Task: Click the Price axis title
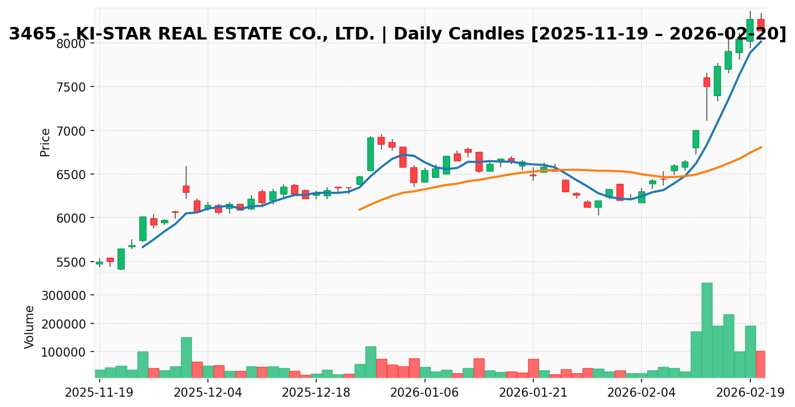(x=45, y=142)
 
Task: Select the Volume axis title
(x=30, y=326)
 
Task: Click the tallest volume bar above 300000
(x=707, y=330)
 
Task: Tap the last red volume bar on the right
(x=761, y=364)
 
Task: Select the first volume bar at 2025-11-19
(x=99, y=374)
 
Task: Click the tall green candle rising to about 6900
(x=370, y=154)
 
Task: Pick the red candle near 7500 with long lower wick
(x=707, y=82)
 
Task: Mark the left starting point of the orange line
(x=360, y=210)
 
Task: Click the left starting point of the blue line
(x=143, y=247)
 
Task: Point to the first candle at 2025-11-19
(x=99, y=263)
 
